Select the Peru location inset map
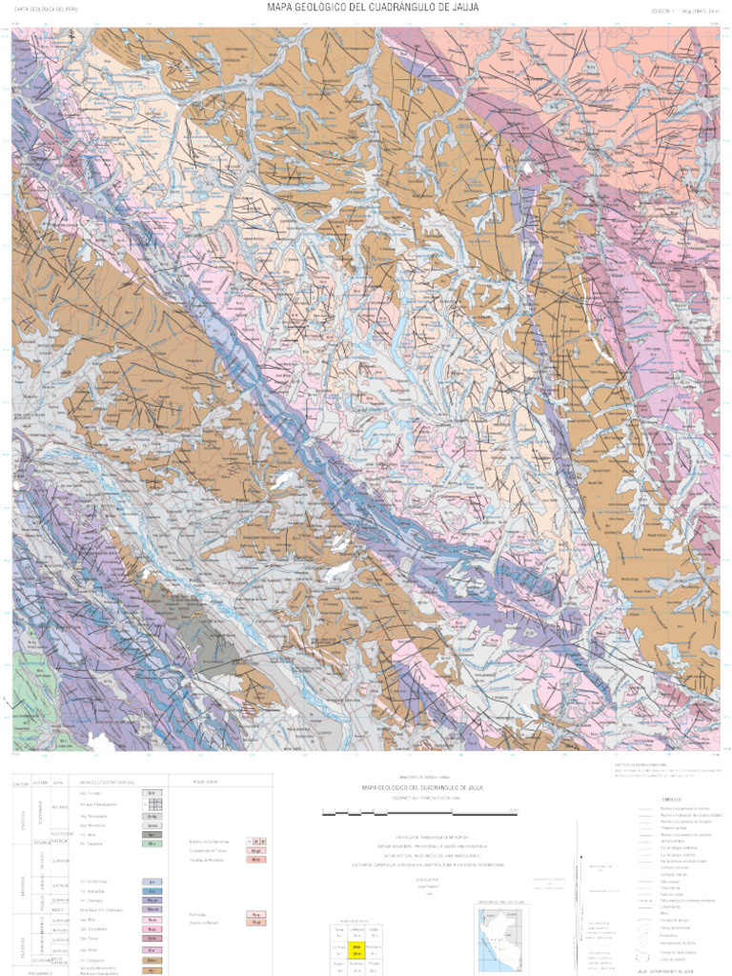pyautogui.click(x=501, y=938)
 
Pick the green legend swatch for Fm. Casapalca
pyautogui.click(x=152, y=844)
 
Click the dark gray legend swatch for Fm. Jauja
pyautogui.click(x=152, y=834)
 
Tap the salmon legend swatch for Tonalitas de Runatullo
pyautogui.click(x=255, y=859)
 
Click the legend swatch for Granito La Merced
pyautogui.click(x=255, y=923)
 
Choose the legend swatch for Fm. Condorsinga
pyautogui.click(x=152, y=882)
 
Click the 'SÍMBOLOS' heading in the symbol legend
pyautogui.click(x=673, y=799)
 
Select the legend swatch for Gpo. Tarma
pyautogui.click(x=152, y=940)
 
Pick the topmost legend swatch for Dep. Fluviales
pyautogui.click(x=152, y=793)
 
